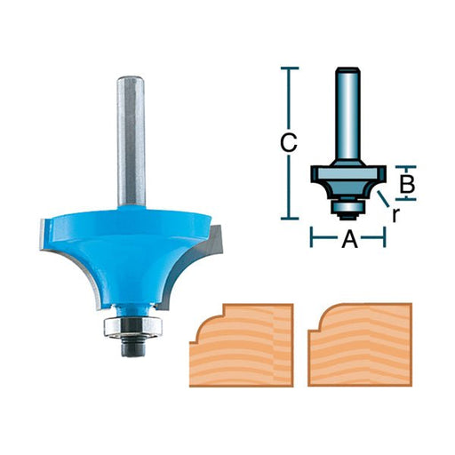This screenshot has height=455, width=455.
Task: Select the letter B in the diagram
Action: [x=405, y=185]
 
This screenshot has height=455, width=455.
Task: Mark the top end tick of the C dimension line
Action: [x=288, y=68]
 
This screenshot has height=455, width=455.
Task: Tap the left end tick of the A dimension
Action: [x=311, y=238]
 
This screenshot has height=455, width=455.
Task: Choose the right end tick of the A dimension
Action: [x=384, y=238]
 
